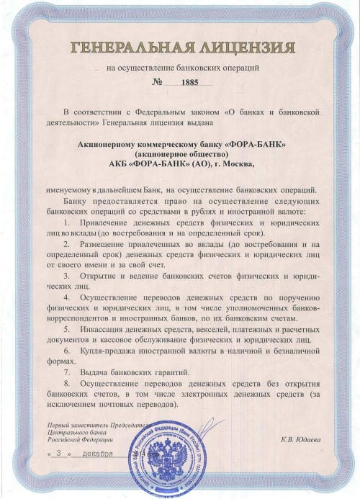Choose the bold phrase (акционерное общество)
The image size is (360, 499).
(181, 154)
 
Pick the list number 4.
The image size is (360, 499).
(66, 297)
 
